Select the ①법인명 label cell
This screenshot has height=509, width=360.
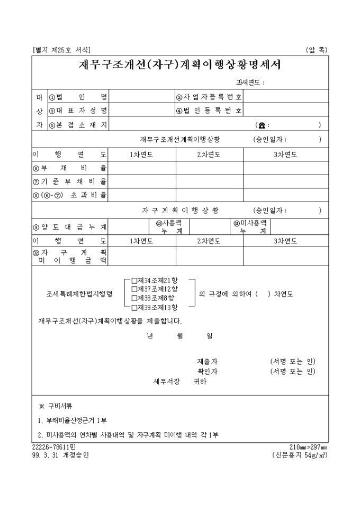pyautogui.click(x=77, y=97)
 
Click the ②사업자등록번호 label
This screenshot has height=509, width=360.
pyautogui.click(x=209, y=97)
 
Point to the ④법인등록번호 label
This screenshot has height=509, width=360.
pyautogui.click(x=209, y=111)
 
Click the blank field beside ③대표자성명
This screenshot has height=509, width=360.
pyautogui.click(x=142, y=111)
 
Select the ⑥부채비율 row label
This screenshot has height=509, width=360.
pyautogui.click(x=70, y=168)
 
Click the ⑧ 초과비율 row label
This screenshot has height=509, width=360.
pyautogui.click(x=70, y=195)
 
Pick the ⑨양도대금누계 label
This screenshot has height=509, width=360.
pyautogui.click(x=70, y=228)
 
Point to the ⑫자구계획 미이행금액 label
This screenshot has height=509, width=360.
pyautogui.click(x=70, y=257)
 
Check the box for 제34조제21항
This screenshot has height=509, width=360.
pyautogui.click(x=134, y=280)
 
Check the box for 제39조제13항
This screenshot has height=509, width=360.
pyautogui.click(x=134, y=307)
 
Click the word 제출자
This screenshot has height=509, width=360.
pyautogui.click(x=207, y=361)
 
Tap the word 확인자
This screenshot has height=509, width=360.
pyautogui.click(x=207, y=371)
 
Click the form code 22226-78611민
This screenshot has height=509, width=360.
pyautogui.click(x=53, y=447)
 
